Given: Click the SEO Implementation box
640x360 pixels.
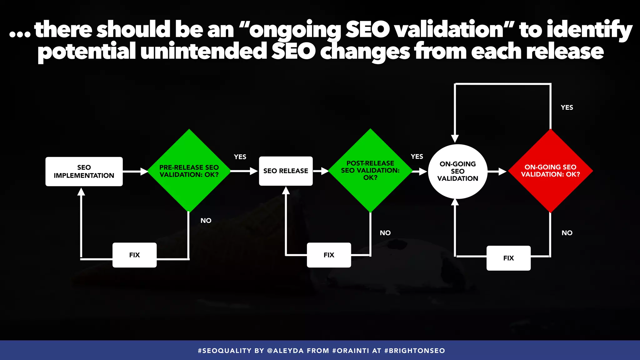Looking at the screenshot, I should (x=84, y=172).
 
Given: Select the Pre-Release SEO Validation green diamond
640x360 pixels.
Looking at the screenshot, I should (x=189, y=171).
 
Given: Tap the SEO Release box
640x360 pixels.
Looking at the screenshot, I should (x=286, y=171).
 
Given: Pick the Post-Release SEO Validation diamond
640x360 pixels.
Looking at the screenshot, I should (x=370, y=171).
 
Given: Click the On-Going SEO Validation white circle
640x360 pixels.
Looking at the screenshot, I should (x=457, y=171).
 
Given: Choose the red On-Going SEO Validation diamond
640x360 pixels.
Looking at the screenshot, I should (x=550, y=171).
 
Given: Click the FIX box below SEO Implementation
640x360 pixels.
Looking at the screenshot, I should (x=134, y=255).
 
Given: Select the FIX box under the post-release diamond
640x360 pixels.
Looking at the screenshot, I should (x=329, y=255).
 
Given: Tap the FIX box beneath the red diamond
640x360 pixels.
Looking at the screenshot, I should (x=508, y=258).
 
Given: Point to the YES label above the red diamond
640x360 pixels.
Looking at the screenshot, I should (x=567, y=107).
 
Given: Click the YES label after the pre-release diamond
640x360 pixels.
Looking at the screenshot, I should (x=240, y=157).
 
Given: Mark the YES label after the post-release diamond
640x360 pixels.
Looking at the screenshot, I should (x=417, y=157).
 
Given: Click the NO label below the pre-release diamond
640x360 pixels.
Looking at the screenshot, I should (x=206, y=221).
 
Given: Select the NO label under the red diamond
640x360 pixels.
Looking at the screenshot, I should (x=567, y=233).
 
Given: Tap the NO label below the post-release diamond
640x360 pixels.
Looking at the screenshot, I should (x=385, y=233).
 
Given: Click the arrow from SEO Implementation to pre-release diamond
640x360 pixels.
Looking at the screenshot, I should (x=135, y=172).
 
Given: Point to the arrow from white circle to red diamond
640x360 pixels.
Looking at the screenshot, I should (x=497, y=172).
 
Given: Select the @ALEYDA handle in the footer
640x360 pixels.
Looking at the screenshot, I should (x=285, y=351).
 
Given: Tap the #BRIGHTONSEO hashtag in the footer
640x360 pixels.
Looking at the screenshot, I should (x=415, y=351).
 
